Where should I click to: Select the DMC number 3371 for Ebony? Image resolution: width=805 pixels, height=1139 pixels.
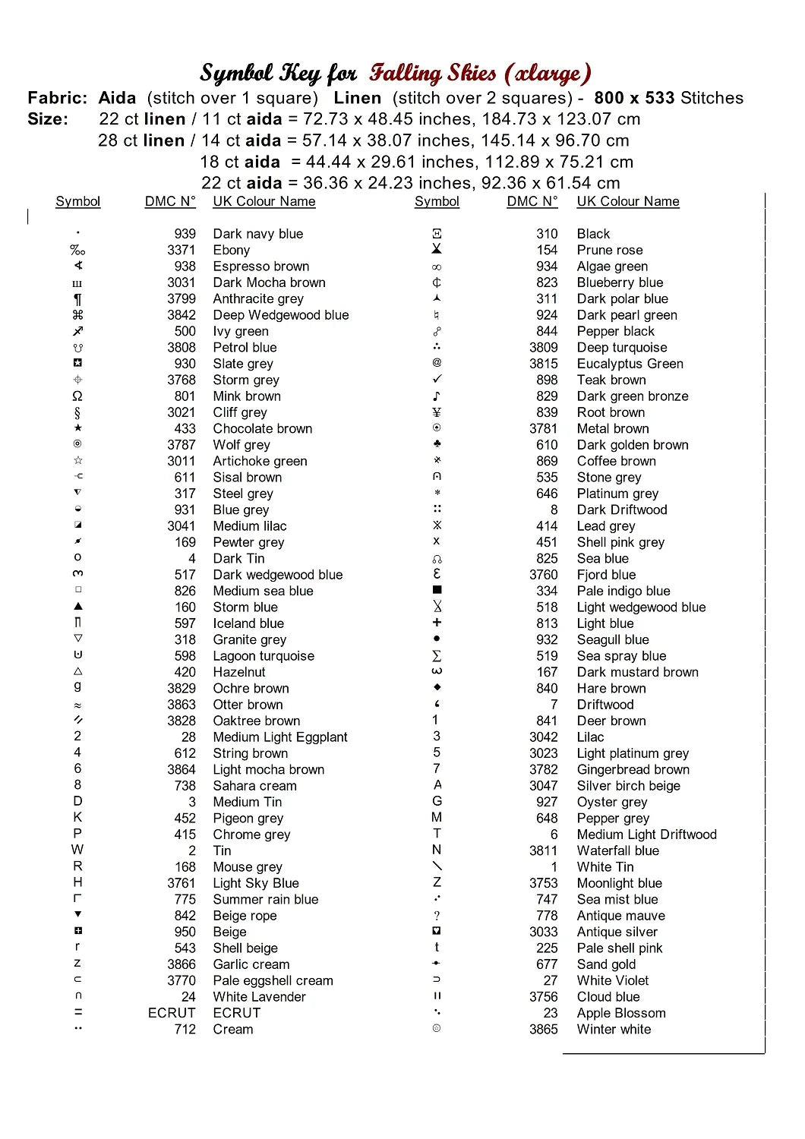point(182,250)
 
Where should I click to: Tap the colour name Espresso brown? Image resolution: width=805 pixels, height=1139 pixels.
point(260,267)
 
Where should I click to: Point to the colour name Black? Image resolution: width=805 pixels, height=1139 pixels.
point(593,234)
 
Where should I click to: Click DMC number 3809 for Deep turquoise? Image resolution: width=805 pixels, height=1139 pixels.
point(544,348)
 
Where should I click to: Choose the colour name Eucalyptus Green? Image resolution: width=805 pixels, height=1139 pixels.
point(630,364)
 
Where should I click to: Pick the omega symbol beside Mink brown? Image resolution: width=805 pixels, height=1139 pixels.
point(77,396)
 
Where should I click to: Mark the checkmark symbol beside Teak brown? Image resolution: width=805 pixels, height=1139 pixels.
point(437,379)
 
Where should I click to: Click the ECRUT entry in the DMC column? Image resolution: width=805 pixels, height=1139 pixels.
point(172,1013)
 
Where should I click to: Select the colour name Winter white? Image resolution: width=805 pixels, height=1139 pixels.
point(614,1030)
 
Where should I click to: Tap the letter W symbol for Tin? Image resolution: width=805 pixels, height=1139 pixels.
point(77,850)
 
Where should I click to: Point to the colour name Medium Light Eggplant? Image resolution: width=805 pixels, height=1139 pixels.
point(279,737)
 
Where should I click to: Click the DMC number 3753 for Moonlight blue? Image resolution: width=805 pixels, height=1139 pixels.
point(544,883)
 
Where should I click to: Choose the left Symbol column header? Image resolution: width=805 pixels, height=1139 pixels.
point(77,201)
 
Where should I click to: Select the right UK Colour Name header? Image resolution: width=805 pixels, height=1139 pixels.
point(627,201)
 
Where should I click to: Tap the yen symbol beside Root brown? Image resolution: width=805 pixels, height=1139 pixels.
point(437,412)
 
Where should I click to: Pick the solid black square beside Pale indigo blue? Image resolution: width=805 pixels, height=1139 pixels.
point(437,590)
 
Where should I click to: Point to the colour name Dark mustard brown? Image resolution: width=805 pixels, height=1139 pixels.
point(637,672)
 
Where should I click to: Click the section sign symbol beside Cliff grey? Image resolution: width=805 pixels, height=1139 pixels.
point(77,413)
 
